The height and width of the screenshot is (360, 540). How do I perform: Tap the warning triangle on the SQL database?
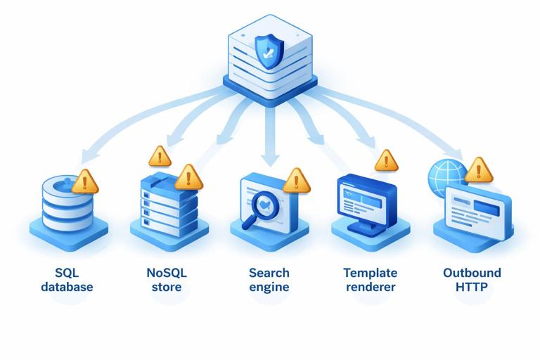coord(86,182)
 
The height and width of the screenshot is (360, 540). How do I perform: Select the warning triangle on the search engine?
coord(296,181)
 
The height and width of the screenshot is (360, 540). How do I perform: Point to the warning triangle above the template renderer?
coord(386,161)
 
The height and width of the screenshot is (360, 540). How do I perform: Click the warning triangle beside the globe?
coord(479,169)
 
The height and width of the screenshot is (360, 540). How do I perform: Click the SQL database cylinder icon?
coord(67,200)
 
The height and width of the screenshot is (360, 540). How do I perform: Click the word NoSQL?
coord(167,273)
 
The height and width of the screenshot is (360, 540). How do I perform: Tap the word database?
coord(67,287)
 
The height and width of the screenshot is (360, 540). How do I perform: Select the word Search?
coord(269,273)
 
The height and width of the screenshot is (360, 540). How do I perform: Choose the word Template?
coord(371,273)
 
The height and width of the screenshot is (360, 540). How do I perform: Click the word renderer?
coord(371,287)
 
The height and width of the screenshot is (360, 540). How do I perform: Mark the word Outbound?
coord(472,273)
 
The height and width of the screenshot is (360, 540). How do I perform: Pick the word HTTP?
coord(472,287)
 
